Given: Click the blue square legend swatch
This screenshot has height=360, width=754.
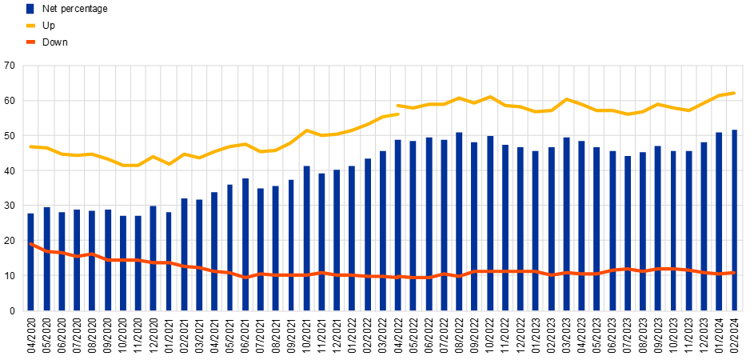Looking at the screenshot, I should pyautogui.click(x=30, y=9).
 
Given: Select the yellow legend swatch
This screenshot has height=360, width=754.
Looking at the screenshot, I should pyautogui.click(x=30, y=26).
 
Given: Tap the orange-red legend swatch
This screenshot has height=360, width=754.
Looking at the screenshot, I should pyautogui.click(x=30, y=42).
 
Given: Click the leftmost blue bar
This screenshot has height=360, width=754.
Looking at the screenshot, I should pyautogui.click(x=30, y=261).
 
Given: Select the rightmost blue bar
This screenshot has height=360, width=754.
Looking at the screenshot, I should pyautogui.click(x=735, y=220).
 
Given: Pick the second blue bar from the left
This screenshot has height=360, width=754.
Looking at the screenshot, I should pyautogui.click(x=46, y=258).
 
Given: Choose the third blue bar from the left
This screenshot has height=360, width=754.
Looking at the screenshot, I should pyautogui.click(x=62, y=261).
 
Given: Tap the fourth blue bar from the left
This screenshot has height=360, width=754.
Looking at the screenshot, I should pyautogui.click(x=77, y=260).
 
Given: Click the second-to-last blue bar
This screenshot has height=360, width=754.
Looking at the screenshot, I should pyautogui.click(x=719, y=221).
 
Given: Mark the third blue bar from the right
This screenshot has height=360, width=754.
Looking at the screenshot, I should pyautogui.click(x=704, y=226).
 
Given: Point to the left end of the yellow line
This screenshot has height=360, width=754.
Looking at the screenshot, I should pyautogui.click(x=30, y=146).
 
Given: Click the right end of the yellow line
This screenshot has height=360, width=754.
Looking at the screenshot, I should pyautogui.click(x=735, y=93).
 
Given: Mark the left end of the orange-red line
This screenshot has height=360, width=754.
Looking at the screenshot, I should pyautogui.click(x=30, y=243).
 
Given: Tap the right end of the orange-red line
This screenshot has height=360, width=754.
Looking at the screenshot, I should pyautogui.click(x=735, y=273).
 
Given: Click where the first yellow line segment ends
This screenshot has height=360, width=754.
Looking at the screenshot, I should pyautogui.click(x=398, y=114).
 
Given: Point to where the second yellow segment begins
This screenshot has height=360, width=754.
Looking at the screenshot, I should pyautogui.click(x=397, y=106).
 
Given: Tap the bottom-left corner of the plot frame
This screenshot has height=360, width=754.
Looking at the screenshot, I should pyautogui.click(x=23, y=310).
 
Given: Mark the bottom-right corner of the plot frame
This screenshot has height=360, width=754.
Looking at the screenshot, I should pyautogui.click(x=743, y=310).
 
